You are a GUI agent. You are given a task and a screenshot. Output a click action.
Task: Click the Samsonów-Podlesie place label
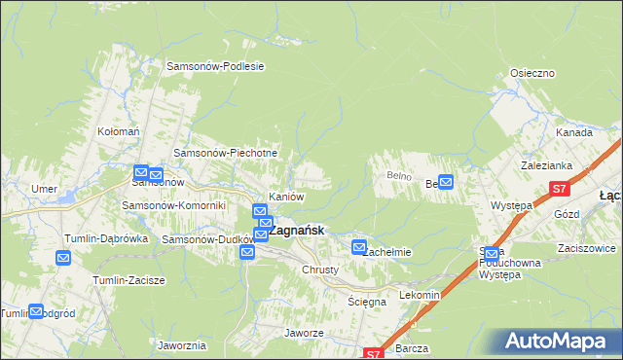tap(216, 66)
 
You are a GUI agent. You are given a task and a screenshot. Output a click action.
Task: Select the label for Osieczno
tap(532, 73)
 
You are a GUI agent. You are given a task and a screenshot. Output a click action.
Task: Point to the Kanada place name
tap(574, 132)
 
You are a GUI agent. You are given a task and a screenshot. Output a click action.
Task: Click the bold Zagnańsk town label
tap(296, 232)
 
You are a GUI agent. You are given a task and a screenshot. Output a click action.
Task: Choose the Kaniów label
tap(286, 197)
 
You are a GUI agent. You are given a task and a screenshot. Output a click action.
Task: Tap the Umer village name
tap(44, 189)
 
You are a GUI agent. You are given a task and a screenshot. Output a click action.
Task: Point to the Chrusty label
tap(320, 270)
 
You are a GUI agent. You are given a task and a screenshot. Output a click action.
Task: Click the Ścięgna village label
tap(367, 302)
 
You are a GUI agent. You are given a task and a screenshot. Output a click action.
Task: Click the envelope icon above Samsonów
tap(140, 171)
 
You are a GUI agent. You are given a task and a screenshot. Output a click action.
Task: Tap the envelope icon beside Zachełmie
tap(359, 248)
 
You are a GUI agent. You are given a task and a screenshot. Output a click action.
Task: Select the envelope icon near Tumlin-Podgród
tap(36, 311)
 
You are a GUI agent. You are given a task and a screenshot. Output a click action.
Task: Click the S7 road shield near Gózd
tap(559, 190)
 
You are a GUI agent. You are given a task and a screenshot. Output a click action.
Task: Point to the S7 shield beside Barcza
tap(375, 354)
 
